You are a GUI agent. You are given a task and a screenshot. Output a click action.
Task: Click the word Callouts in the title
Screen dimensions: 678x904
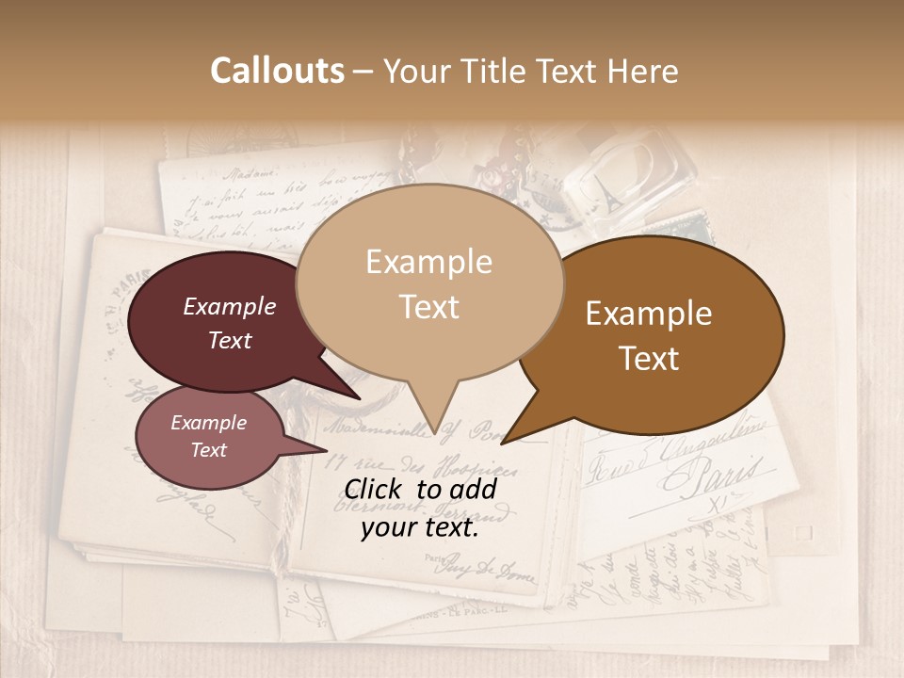tap(277, 71)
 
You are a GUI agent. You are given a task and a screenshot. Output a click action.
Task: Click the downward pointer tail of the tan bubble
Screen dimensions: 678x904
tap(434, 414)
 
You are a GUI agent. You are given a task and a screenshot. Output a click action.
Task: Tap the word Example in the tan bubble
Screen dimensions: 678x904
tap(428, 262)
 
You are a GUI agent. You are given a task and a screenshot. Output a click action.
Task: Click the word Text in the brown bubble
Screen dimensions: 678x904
tap(650, 358)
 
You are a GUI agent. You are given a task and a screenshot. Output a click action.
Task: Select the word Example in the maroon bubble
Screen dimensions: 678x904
tap(229, 306)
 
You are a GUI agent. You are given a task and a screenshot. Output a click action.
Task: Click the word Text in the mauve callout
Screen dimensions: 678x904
tap(208, 450)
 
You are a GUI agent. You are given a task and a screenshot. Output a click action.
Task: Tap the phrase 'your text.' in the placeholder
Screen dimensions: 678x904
tap(420, 527)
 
